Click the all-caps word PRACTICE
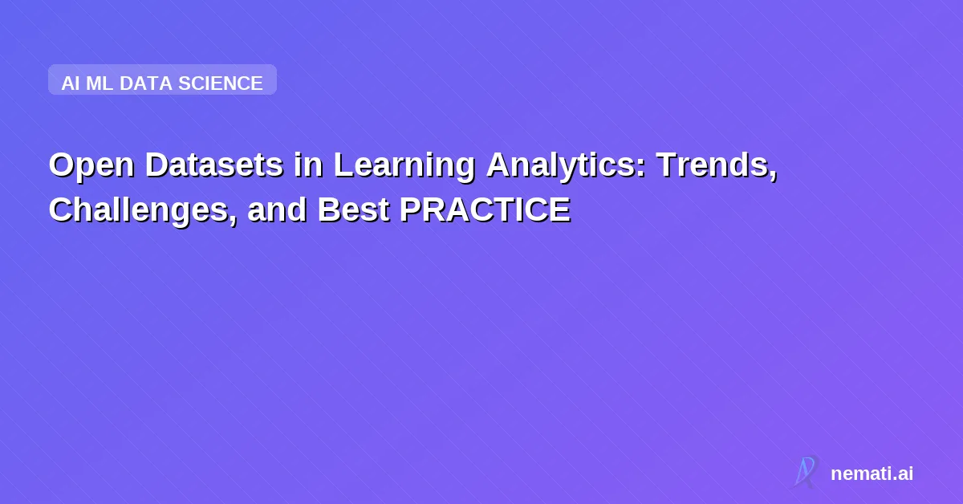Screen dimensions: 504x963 click(484, 210)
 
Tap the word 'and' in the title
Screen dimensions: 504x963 click(277, 210)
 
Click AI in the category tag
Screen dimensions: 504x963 click(71, 83)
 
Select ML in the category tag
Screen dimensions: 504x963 click(100, 83)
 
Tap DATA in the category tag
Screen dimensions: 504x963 click(146, 83)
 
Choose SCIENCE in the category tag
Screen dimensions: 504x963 click(221, 83)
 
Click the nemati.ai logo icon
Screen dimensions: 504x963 click(806, 472)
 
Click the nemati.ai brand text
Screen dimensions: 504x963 click(872, 474)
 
